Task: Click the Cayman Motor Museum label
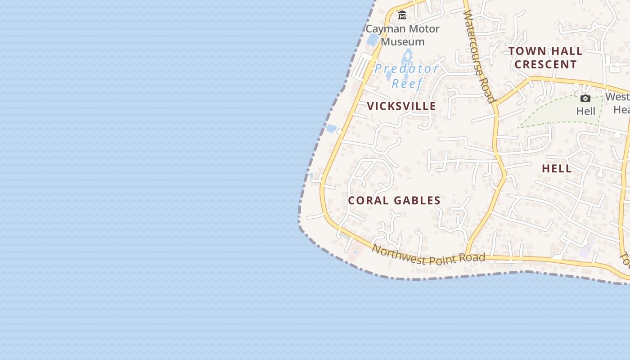click(402, 35)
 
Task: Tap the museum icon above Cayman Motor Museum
click(402, 16)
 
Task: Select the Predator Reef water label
click(407, 76)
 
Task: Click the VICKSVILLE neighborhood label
click(401, 106)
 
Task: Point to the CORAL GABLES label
click(394, 201)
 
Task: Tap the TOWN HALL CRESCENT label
click(545, 58)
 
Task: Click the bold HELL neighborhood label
click(557, 169)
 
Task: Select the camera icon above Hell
click(585, 98)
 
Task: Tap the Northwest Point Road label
click(428, 255)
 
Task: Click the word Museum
click(403, 42)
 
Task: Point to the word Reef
click(407, 83)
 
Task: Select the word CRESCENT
click(545, 64)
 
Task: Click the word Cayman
click(384, 29)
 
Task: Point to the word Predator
click(407, 69)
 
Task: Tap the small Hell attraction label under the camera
click(585, 111)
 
